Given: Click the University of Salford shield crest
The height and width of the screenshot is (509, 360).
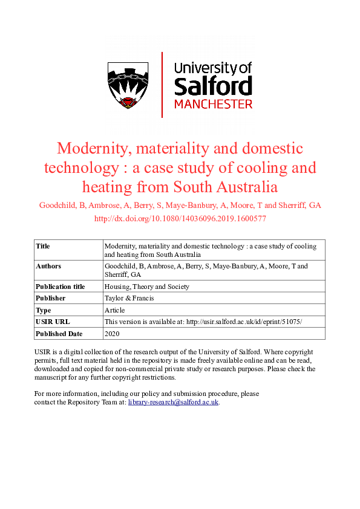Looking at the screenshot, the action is pos(128,85).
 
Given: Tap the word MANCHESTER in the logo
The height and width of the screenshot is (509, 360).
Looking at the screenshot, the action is pos(213,104).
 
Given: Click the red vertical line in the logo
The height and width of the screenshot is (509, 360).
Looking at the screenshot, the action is pos(162,85).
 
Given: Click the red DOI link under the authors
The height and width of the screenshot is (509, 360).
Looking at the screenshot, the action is pos(180,218).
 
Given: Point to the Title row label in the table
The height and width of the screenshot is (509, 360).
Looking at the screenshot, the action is pos(43,246).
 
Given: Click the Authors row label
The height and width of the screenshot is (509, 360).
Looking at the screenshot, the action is pos(48,266).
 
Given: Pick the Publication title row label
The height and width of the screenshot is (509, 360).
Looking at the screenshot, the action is pos(60,287).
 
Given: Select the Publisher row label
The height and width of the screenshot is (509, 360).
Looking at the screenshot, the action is pos(51,298).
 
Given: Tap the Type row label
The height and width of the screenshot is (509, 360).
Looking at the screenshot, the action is pos(43,310).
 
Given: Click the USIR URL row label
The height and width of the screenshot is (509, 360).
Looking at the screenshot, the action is pos(53,322).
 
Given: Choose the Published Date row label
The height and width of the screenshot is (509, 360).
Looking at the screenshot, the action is pos(59,334).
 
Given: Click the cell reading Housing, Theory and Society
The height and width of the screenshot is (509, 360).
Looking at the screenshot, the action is pos(147,287).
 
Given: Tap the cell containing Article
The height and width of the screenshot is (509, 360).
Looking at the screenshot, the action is pos(115,310).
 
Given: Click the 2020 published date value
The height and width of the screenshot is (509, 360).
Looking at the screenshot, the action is pos(113,334).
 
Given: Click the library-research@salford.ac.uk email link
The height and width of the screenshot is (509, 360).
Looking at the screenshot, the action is pos(173,402).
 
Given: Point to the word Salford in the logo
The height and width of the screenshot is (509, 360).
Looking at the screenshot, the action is pos(213,86).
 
